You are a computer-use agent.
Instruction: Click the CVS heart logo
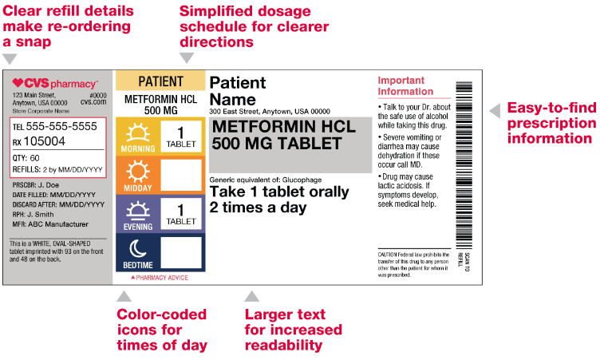point(18,82)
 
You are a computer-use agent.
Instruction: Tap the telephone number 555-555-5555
point(61,126)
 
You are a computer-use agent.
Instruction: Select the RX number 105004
point(45,141)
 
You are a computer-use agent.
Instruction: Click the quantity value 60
point(35,158)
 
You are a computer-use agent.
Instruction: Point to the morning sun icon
point(138,133)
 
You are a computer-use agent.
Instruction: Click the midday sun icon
point(138,171)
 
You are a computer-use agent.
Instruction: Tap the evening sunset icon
point(138,211)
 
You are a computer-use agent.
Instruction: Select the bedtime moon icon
point(138,249)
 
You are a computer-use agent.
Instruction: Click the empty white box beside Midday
point(181,175)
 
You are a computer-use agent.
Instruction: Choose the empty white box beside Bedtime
point(181,252)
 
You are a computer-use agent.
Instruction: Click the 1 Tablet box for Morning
point(181,136)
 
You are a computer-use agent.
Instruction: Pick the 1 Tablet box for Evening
point(181,214)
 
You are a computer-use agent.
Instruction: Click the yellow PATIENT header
point(160,81)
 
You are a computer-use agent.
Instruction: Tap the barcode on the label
point(464,165)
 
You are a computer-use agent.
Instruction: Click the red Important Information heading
point(405,85)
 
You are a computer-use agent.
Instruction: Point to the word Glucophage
point(302,180)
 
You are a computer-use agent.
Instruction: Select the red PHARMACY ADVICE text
point(160,278)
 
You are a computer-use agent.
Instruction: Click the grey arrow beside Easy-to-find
point(495,111)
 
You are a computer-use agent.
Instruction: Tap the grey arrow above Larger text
point(252,296)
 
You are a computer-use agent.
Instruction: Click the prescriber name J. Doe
point(49,185)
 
